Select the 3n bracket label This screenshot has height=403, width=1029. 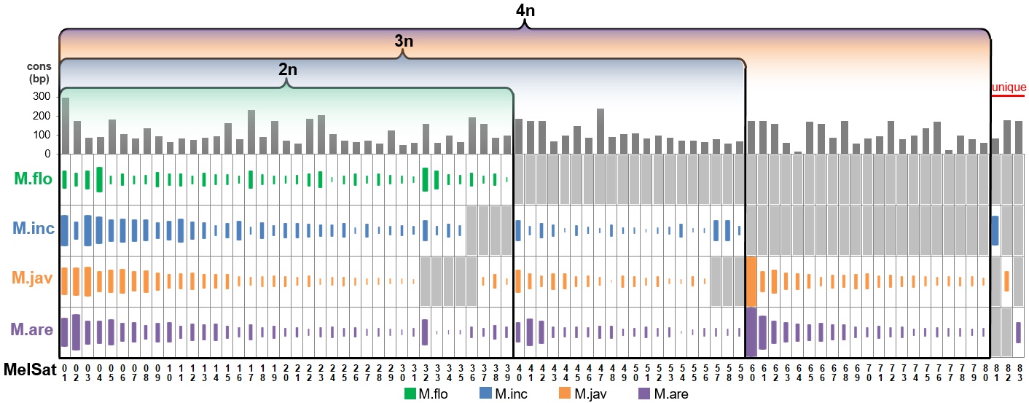point(404,42)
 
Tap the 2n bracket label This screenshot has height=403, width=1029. point(288,70)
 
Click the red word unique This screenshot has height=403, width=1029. point(1009,87)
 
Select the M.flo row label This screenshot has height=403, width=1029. point(32,178)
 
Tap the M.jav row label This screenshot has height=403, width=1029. point(32,279)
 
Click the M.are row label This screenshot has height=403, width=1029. point(32,330)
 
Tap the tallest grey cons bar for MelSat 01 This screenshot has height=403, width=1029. point(65,125)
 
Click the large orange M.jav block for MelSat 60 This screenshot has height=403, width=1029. point(751,281)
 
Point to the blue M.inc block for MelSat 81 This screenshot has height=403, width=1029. point(995,230)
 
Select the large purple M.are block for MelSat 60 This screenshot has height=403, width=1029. point(751,332)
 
